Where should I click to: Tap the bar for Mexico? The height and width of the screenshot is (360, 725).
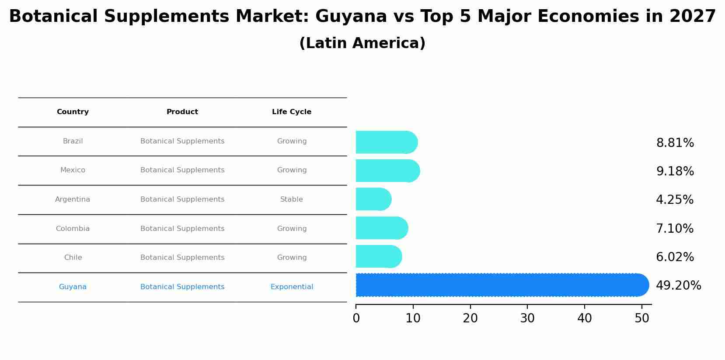(x=387, y=171)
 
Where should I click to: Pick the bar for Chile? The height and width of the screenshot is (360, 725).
(x=379, y=257)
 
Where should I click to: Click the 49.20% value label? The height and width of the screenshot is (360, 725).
(x=678, y=286)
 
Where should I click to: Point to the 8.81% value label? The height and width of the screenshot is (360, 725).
(x=675, y=143)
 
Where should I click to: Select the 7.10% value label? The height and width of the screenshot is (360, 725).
(x=674, y=228)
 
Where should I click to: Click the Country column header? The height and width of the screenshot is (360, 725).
(x=73, y=112)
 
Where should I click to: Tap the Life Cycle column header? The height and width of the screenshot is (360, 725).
(x=292, y=112)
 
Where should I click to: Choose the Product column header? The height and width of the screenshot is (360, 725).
(x=182, y=112)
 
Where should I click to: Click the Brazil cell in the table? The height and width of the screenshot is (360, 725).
(x=73, y=141)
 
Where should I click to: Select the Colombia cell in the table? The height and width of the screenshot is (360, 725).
(x=73, y=229)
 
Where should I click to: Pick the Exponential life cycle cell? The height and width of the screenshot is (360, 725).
(x=292, y=287)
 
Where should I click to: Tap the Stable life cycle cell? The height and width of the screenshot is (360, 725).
(x=292, y=199)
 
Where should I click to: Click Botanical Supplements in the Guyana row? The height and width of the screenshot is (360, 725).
(x=182, y=287)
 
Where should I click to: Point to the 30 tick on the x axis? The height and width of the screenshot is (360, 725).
(x=527, y=318)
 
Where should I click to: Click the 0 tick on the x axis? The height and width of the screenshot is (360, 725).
(x=356, y=318)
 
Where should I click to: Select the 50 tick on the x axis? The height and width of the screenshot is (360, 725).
(x=642, y=318)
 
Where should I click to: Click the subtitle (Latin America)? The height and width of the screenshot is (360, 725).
(x=362, y=43)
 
